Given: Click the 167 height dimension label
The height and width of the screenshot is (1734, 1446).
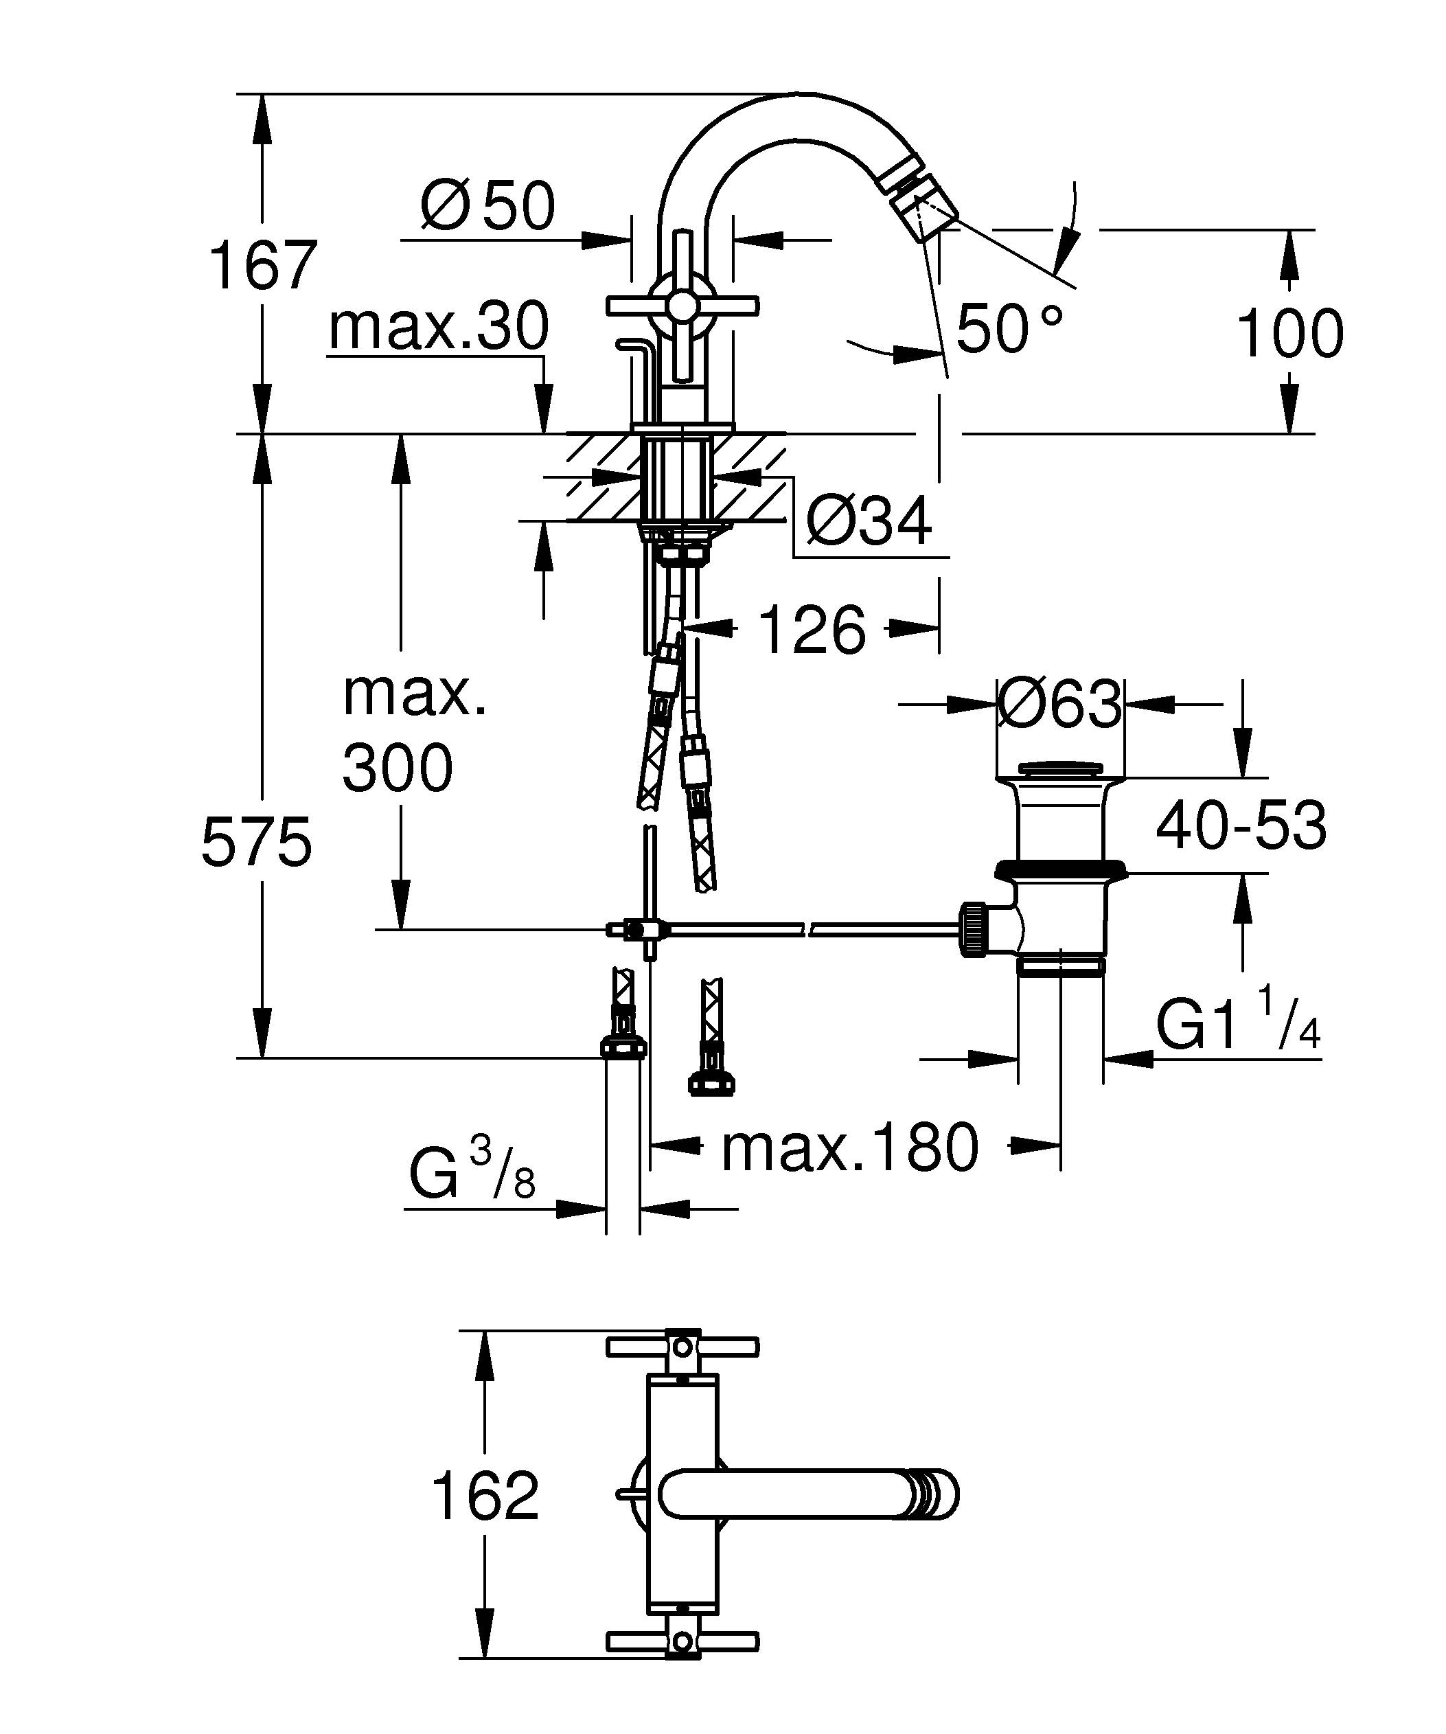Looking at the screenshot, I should [262, 266].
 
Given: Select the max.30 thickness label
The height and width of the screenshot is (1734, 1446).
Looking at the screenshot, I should [438, 327].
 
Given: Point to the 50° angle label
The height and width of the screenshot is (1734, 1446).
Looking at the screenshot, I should [1009, 329].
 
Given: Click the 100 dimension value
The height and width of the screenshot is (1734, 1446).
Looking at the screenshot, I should [1290, 334].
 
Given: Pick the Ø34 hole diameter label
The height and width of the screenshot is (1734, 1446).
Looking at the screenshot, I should [869, 521].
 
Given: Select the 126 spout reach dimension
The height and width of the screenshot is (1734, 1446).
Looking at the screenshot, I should [812, 630].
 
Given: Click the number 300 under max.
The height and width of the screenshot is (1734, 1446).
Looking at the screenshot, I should [398, 768].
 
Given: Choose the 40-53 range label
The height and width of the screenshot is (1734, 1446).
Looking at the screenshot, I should [1241, 825].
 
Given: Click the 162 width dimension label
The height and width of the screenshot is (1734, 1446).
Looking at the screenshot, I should [485, 1496].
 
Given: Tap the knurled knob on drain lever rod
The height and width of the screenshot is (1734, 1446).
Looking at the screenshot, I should [973, 930].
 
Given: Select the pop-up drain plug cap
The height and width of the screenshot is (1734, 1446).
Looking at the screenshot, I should [1059, 771].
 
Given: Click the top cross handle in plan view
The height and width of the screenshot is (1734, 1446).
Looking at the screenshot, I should [682, 1347].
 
